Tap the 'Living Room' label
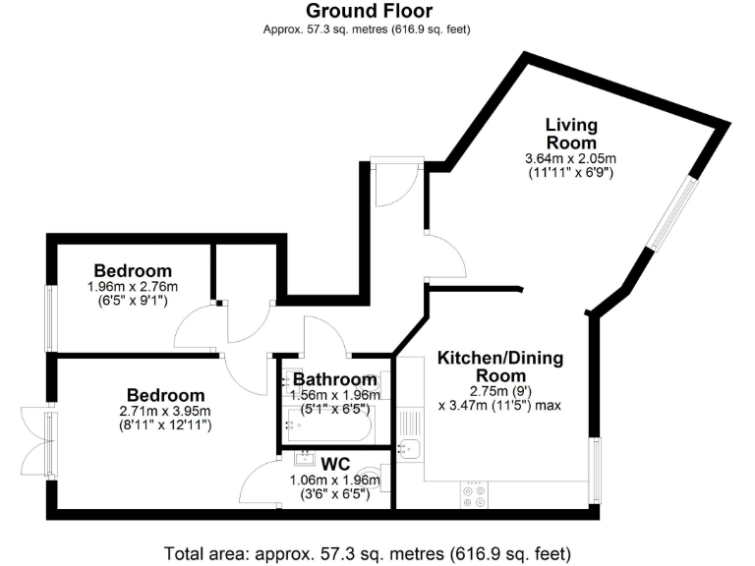point(571,134)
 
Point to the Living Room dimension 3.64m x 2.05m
point(571,159)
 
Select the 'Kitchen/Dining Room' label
point(500,367)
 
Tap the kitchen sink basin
point(409,450)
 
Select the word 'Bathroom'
point(335,379)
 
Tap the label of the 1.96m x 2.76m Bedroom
point(133,270)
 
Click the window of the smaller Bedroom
point(52,315)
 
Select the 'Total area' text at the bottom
point(367,552)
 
